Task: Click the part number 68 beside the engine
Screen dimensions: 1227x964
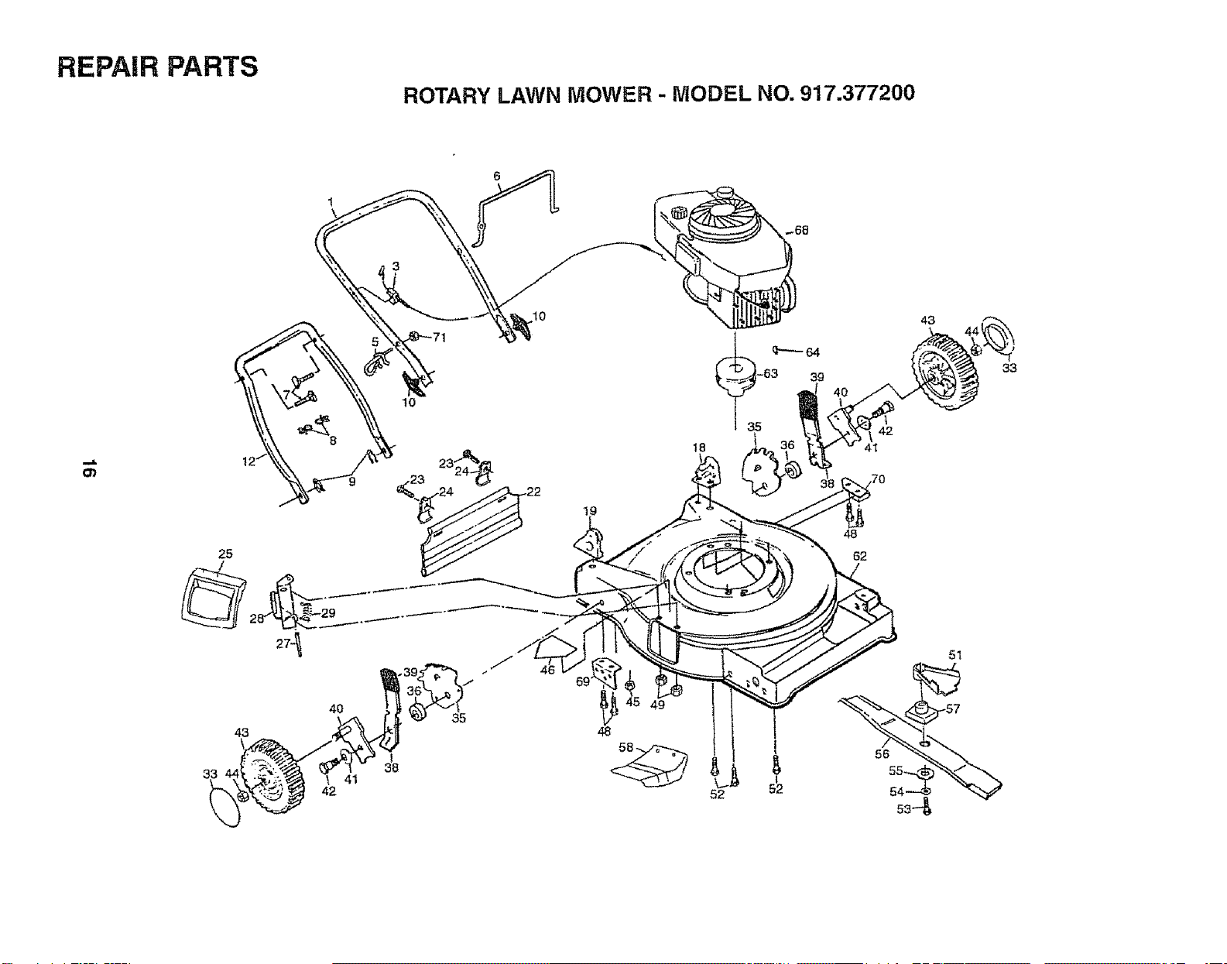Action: [801, 231]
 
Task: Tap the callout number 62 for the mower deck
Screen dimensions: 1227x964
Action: [859, 556]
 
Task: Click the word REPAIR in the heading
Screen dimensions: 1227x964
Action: [105, 67]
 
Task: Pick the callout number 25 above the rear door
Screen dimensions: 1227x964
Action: [225, 554]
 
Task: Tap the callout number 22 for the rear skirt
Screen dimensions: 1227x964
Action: [533, 492]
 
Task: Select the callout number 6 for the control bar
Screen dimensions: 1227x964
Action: [497, 176]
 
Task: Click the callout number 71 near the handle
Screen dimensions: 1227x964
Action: [439, 338]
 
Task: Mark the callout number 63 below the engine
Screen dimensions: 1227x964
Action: [770, 374]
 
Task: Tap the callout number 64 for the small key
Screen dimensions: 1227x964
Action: [813, 352]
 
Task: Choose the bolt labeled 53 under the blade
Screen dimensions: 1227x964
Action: [926, 810]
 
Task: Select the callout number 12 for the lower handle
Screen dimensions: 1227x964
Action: [249, 461]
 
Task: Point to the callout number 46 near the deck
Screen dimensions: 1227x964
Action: [547, 671]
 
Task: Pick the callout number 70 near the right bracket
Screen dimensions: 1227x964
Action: [878, 479]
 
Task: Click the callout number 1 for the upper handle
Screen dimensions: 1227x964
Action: [331, 201]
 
